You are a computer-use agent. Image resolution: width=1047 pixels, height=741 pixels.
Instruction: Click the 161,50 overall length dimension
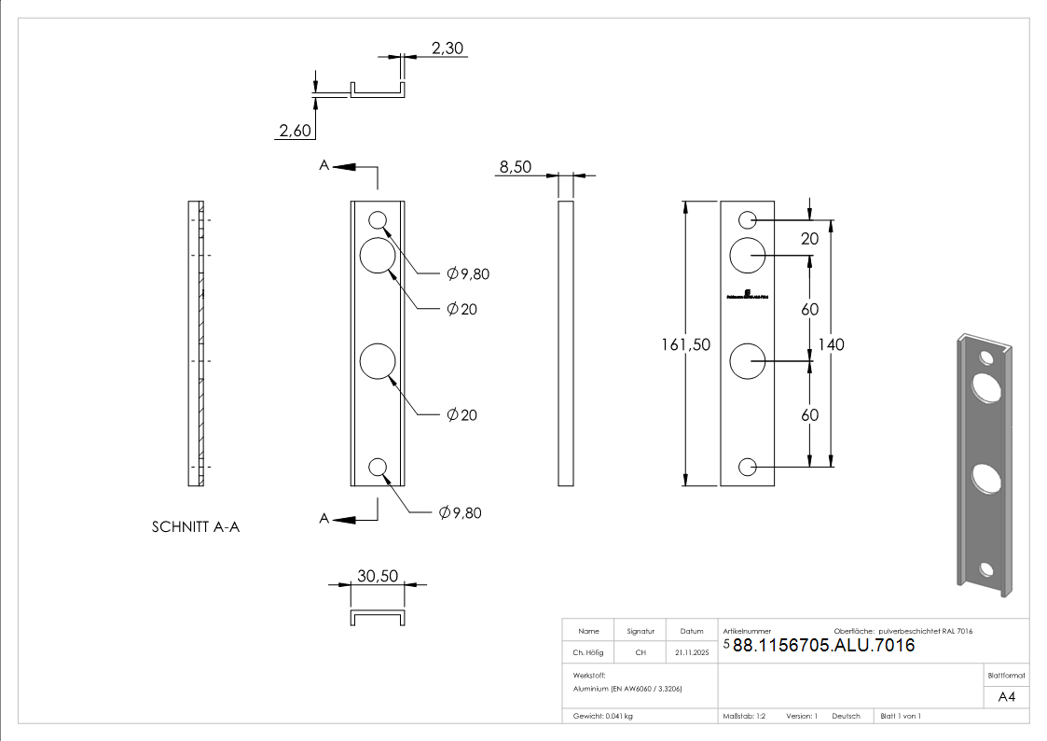685,344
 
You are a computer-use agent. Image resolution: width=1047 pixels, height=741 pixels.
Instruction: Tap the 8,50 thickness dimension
516,167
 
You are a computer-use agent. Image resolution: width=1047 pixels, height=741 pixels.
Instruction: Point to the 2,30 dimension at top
448,48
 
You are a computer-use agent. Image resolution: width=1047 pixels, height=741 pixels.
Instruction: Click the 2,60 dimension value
295,131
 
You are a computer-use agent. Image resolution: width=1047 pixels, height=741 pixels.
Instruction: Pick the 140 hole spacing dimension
831,344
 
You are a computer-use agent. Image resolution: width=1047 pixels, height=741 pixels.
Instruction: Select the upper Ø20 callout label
462,309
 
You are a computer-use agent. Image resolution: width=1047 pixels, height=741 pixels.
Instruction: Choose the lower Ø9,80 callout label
462,512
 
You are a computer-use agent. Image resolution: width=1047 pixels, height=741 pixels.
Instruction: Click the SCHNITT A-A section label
196,527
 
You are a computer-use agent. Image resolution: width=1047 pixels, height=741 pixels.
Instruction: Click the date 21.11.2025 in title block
692,652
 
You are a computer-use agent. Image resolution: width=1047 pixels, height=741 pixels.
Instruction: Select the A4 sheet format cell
1007,697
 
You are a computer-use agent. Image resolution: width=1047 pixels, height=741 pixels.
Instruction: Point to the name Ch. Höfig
588,652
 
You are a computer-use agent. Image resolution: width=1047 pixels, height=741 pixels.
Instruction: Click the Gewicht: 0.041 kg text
602,716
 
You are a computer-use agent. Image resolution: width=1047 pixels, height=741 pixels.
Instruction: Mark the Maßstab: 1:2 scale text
744,716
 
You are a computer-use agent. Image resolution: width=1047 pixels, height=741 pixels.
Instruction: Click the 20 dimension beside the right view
809,239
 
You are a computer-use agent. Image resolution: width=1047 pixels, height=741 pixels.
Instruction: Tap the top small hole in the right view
748,220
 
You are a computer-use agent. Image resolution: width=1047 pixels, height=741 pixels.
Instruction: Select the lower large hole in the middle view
378,361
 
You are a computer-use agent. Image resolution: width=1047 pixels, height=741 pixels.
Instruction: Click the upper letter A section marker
324,165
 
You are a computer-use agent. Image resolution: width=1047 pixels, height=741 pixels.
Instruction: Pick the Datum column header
692,631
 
